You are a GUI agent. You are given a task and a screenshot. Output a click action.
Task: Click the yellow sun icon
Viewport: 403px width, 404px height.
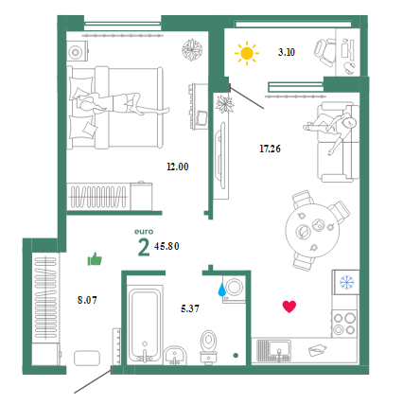point(247,53)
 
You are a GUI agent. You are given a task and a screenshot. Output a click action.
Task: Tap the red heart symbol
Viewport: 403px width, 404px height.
point(289,307)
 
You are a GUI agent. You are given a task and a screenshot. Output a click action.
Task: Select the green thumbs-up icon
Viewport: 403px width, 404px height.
point(95,259)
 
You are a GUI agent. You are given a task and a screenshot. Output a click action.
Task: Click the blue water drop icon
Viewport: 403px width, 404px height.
point(222,290)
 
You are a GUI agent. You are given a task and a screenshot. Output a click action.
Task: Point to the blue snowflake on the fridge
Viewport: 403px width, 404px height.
point(347,282)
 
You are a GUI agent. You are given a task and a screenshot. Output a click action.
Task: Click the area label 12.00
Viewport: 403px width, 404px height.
point(178,167)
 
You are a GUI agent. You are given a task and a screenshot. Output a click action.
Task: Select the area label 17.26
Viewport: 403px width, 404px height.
point(270,149)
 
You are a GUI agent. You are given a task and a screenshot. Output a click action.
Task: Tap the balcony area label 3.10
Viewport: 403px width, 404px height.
point(287,52)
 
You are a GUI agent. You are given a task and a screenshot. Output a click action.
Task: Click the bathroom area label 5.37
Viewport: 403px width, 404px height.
point(190,308)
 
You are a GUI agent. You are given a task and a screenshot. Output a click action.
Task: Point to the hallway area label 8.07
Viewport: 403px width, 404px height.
point(87,300)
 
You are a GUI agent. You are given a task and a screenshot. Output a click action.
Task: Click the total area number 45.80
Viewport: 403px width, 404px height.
point(166,246)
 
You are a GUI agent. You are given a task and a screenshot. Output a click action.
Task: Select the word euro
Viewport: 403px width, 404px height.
point(144,232)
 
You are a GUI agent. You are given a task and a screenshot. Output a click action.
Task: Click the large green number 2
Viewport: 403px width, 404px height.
point(144,248)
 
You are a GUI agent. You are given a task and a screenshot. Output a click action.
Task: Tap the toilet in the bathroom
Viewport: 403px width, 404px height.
point(208,346)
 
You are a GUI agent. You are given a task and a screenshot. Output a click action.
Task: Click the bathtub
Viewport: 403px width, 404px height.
point(145,323)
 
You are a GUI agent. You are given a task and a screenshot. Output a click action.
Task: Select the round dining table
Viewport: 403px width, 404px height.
point(313,231)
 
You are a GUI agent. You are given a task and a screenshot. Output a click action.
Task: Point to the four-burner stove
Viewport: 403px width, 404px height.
point(344,324)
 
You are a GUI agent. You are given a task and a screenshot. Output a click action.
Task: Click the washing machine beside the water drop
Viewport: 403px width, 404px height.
point(234,289)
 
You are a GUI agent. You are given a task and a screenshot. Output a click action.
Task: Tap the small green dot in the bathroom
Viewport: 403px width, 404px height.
point(236,356)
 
